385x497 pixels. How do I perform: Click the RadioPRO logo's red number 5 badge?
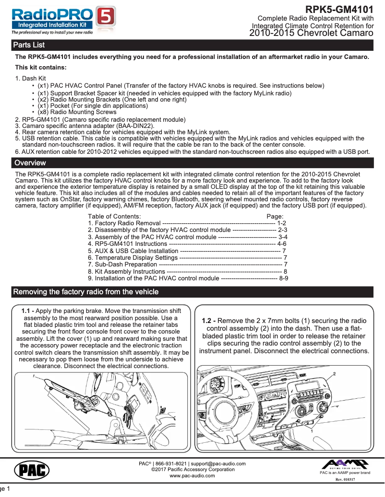[x=106, y=18]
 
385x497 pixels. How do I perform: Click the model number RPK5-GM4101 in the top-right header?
[x=339, y=10]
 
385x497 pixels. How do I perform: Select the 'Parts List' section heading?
[x=29, y=45]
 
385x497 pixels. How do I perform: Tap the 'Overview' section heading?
[x=30, y=163]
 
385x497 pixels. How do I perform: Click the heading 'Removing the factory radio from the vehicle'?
[x=85, y=292]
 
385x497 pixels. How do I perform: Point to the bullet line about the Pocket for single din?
[x=92, y=106]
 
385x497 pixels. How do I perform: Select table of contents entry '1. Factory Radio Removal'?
[x=124, y=223]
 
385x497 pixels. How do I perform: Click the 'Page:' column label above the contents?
[x=275, y=217]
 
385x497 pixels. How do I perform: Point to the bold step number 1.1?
[x=28, y=311]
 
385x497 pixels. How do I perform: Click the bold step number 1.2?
[x=208, y=321]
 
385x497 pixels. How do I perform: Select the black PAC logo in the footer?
[x=31, y=470]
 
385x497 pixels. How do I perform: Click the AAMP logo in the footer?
[x=345, y=464]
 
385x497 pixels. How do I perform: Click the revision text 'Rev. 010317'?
[x=345, y=479]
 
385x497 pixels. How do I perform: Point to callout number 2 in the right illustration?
[x=334, y=373]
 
